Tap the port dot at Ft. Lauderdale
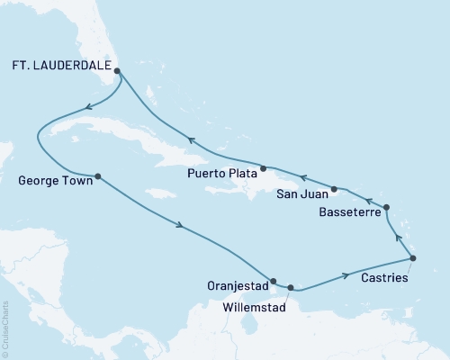click(118, 66)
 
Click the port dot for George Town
click(97, 175)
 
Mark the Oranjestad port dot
click(274, 280)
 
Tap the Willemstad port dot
click(290, 288)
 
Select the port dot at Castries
click(413, 258)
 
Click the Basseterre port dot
click(387, 208)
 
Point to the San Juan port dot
click(334, 189)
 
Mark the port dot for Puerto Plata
click(263, 168)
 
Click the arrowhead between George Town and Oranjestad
click(183, 226)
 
